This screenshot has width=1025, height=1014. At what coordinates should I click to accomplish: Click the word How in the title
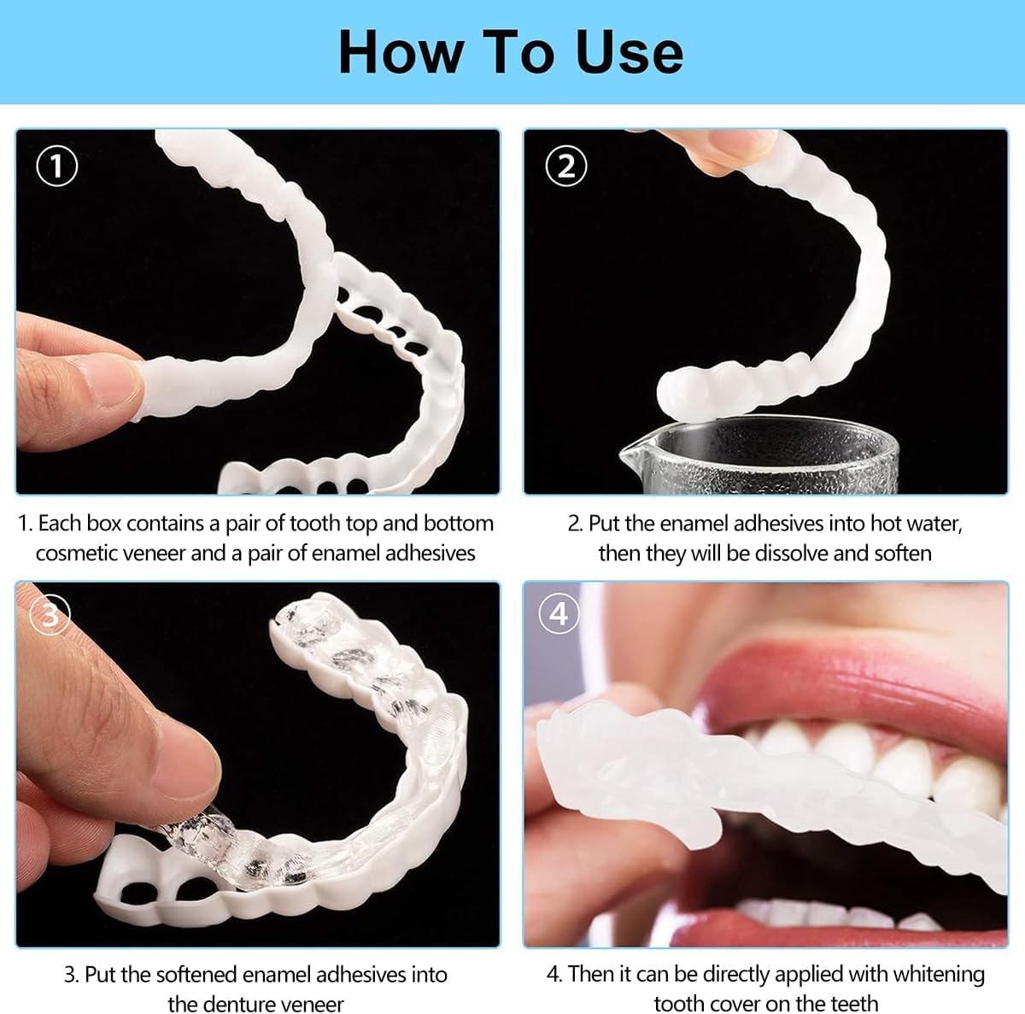[401, 53]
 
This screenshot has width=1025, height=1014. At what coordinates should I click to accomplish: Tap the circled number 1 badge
[57, 166]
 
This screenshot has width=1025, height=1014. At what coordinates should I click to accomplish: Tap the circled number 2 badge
[566, 166]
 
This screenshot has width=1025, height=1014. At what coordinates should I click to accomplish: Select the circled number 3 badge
[50, 615]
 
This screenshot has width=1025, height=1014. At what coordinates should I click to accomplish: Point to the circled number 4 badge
[559, 613]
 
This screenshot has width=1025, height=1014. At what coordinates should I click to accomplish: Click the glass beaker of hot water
[761, 454]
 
